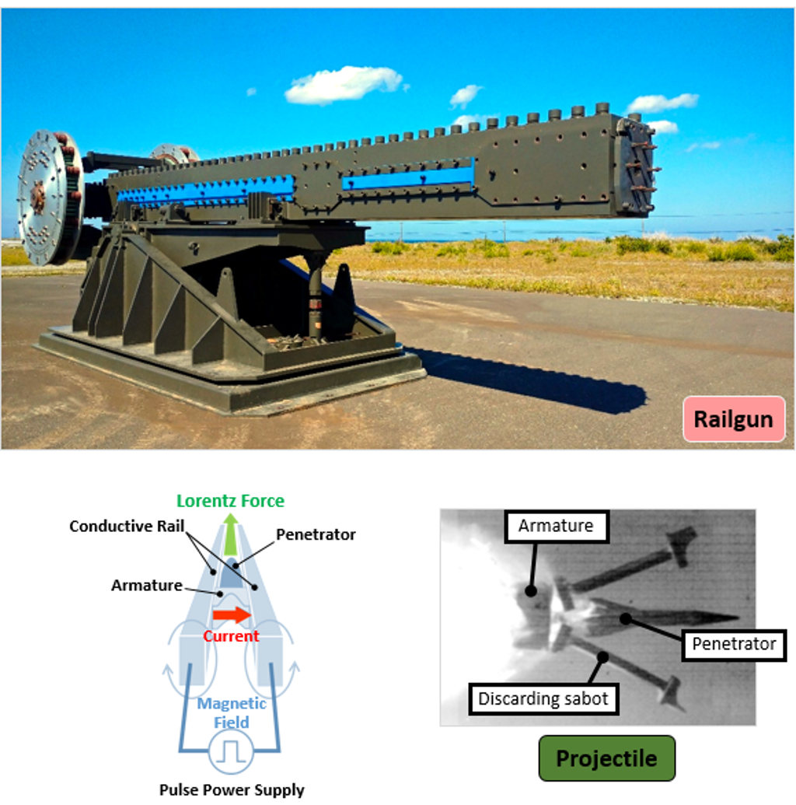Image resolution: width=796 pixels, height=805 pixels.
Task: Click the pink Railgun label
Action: coord(733,420)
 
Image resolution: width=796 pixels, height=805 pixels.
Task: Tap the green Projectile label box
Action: coord(606,758)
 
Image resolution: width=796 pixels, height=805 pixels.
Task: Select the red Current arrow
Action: coord(232,615)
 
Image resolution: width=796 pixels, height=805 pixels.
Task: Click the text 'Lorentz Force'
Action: coord(230,501)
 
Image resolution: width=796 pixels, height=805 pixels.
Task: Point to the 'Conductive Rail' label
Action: coord(127,527)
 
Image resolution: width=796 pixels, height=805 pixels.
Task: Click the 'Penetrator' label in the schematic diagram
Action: coord(316,534)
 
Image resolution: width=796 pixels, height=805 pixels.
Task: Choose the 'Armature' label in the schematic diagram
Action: coord(146,586)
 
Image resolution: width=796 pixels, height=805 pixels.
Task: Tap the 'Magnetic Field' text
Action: coord(232,713)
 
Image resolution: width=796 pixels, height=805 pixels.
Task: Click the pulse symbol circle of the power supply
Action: coord(230,751)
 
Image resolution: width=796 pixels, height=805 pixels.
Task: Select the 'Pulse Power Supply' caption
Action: coord(232,790)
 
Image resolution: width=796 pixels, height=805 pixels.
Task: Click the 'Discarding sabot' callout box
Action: coord(543,698)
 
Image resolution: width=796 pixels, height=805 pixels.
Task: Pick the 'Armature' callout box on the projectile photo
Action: coord(555,527)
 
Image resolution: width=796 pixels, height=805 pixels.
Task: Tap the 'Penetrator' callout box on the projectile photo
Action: coord(734,644)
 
